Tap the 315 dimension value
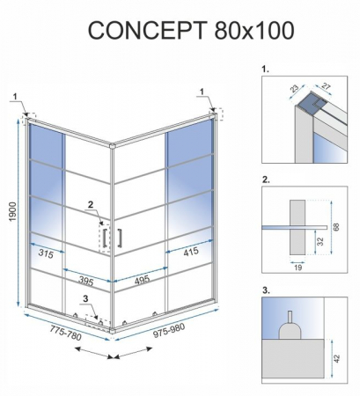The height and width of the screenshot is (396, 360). (x=47, y=254)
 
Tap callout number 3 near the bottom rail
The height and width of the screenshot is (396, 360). (x=85, y=299)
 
